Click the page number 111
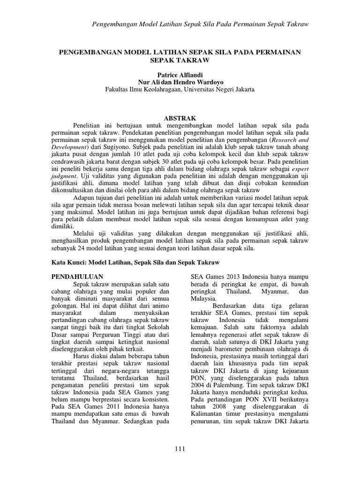[180, 449]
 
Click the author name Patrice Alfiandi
[180, 75]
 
